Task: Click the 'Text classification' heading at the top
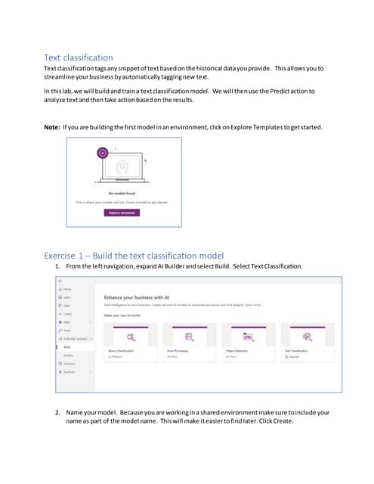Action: [x=79, y=57]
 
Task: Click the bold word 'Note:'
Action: [x=55, y=126]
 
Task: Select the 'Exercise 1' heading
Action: [x=134, y=254]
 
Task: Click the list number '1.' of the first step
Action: [x=58, y=267]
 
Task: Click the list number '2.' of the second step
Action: [x=58, y=412]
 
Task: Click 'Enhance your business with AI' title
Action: [x=146, y=297]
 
